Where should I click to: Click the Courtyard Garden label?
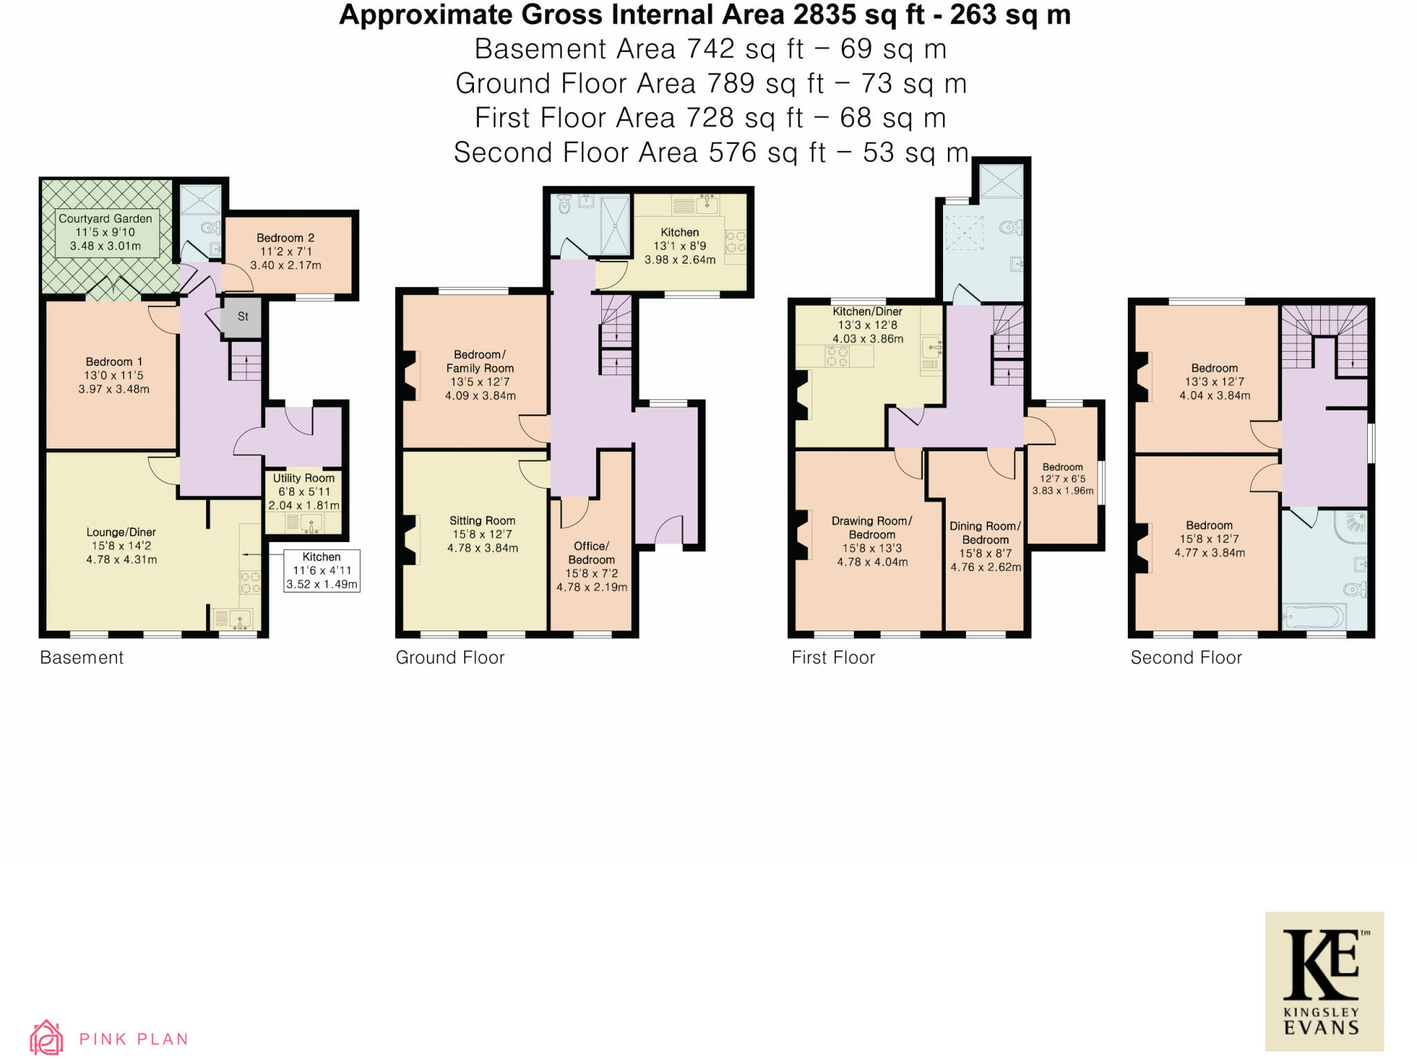tap(105, 232)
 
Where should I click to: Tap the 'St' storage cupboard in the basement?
tap(242, 317)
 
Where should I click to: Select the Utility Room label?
tap(304, 491)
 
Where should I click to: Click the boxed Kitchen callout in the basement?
tap(322, 570)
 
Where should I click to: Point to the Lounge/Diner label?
tap(121, 545)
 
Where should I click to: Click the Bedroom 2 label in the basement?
tap(286, 251)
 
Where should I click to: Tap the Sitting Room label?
tap(482, 534)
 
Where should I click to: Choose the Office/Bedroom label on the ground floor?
tap(592, 566)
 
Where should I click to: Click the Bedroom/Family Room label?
tap(480, 375)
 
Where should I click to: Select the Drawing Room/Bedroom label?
tap(872, 541)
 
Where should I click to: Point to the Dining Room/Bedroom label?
tap(985, 547)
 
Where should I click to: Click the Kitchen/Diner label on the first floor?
tap(868, 325)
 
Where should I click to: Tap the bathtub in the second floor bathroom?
tap(1313, 615)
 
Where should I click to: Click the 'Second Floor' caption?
tap(1186, 658)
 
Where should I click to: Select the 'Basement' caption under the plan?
tap(82, 658)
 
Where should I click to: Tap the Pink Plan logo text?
tap(134, 1039)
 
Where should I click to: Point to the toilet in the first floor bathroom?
tap(1012, 226)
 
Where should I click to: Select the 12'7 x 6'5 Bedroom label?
tap(1063, 479)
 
